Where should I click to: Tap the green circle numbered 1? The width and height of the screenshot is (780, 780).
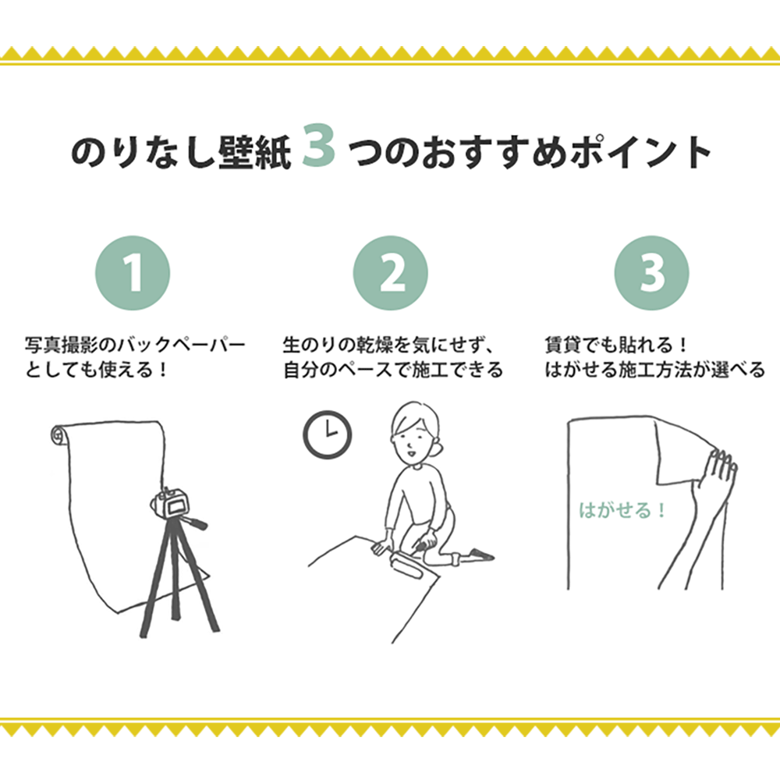[x=133, y=272]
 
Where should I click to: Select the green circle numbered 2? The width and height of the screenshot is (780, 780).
[x=391, y=272]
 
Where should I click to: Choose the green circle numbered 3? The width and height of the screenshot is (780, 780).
[x=651, y=272]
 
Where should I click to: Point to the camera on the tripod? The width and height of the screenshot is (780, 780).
[x=172, y=505]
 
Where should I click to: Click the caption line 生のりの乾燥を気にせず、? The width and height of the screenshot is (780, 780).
[x=390, y=344]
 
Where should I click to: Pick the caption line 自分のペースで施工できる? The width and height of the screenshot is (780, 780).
[x=393, y=369]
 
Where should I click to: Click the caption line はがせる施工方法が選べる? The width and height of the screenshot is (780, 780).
[x=654, y=369]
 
